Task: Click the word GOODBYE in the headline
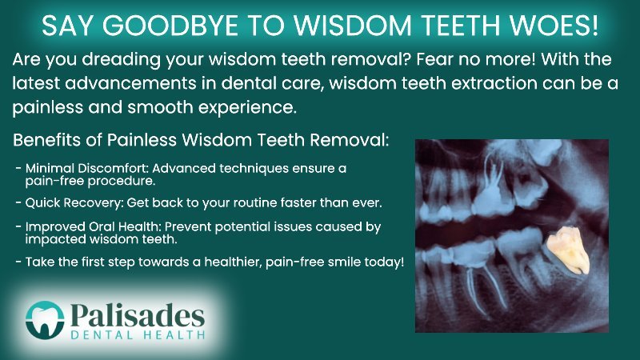click(x=170, y=26)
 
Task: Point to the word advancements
click(x=130, y=83)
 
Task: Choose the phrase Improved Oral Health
click(x=93, y=227)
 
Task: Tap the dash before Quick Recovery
click(x=18, y=202)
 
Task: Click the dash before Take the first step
click(x=18, y=262)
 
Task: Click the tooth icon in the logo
click(x=45, y=321)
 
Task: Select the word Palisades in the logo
click(x=138, y=315)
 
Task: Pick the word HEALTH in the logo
click(x=174, y=335)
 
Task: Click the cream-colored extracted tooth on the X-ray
click(x=568, y=250)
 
